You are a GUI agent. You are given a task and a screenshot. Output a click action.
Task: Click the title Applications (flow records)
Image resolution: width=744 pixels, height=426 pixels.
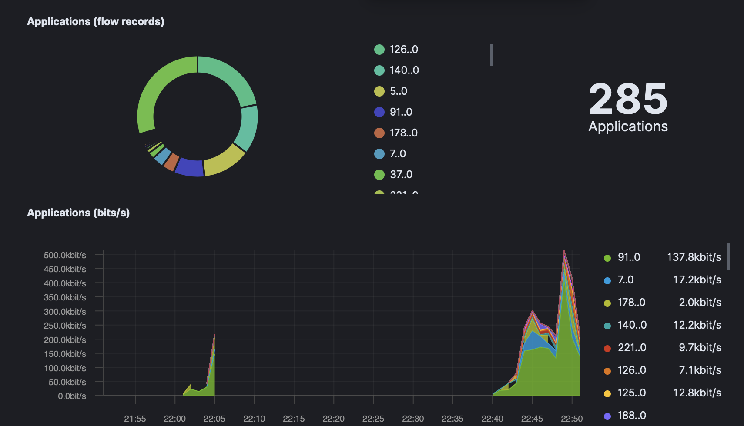pos(96,22)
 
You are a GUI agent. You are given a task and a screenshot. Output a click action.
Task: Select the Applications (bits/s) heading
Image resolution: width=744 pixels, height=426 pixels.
pos(78,213)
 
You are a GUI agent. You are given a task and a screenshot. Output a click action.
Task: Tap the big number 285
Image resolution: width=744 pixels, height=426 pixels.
pos(628,99)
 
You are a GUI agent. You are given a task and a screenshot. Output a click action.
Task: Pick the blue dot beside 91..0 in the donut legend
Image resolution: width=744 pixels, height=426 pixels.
pos(379,112)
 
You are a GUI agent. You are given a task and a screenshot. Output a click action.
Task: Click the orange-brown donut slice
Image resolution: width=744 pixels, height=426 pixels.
pos(171,161)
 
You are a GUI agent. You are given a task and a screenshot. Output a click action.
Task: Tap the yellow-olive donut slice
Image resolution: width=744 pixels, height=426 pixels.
pos(224,160)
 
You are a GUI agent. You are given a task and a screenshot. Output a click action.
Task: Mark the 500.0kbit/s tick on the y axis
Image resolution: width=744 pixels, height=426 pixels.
pos(65,255)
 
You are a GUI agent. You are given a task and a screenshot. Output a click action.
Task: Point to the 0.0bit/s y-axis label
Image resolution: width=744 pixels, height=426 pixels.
pos(72,396)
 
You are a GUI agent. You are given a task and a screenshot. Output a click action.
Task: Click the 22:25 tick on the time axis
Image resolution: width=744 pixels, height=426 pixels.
pos(373,419)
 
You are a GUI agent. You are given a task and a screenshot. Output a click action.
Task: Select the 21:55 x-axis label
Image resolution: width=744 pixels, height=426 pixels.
pos(135,419)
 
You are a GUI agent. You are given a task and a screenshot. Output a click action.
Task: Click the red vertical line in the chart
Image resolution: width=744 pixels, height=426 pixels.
pos(382,322)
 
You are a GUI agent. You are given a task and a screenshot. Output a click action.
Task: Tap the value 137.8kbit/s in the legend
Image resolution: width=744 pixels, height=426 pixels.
pos(694,257)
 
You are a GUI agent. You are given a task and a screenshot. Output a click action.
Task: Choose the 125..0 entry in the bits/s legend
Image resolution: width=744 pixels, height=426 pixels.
pos(632,393)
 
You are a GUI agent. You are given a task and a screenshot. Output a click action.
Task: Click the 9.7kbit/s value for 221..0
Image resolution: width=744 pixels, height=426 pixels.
pos(700,348)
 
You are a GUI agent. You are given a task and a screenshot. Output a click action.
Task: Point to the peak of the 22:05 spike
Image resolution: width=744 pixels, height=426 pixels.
pos(214,335)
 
